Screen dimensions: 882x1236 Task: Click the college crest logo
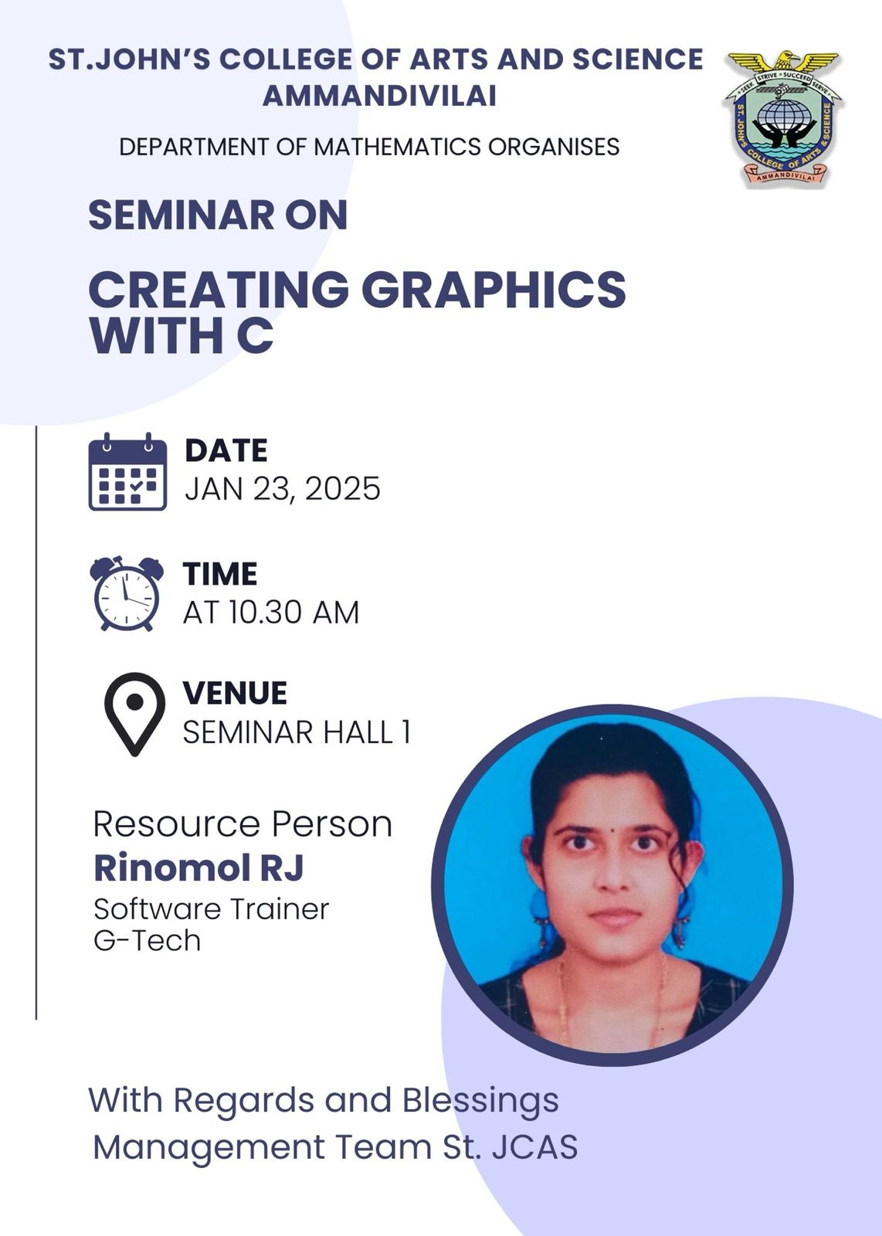782,119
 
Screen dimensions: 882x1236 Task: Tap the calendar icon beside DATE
127,472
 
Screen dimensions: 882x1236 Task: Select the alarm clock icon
127,594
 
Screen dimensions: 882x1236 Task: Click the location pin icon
134,714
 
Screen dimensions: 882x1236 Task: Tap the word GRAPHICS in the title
494,289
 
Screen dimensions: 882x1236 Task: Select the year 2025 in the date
343,489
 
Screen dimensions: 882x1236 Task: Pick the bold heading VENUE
235,692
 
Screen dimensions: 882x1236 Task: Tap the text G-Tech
148,940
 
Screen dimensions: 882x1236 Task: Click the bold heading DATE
226,450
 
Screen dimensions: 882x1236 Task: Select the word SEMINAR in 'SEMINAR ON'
181,215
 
